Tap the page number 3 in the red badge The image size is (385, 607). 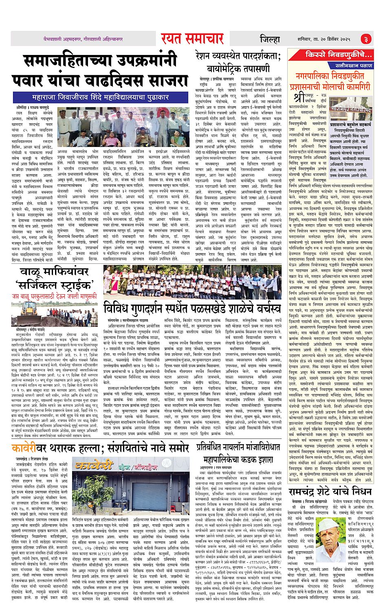[365, 39]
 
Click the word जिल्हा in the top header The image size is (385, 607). [270, 39]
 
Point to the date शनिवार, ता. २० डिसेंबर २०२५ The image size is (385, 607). [323, 39]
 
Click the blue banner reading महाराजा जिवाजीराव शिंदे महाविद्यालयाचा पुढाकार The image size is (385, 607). [100, 97]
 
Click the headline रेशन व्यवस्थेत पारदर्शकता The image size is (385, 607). [238, 56]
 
